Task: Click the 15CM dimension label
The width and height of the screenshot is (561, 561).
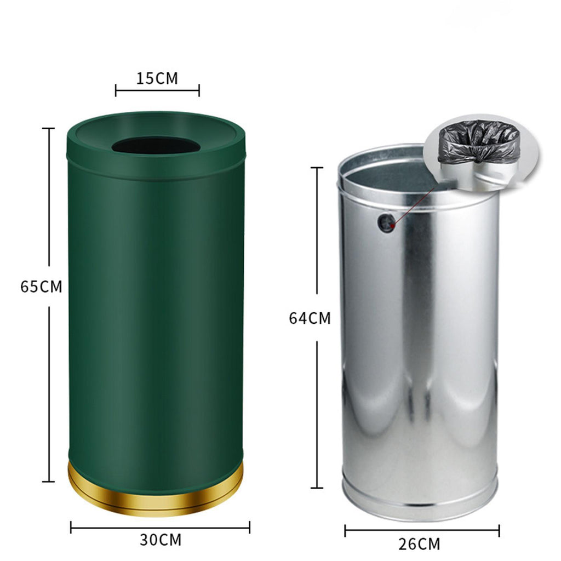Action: click(x=157, y=78)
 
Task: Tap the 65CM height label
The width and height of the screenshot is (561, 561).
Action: click(x=41, y=287)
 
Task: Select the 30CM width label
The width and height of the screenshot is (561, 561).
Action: click(x=161, y=540)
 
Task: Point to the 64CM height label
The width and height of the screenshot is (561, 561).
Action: click(x=310, y=318)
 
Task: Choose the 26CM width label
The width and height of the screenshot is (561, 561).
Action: click(x=419, y=544)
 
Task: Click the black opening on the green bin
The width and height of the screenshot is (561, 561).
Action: click(x=156, y=145)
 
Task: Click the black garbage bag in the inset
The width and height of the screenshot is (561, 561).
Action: click(x=479, y=142)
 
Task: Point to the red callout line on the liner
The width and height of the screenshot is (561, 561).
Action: click(x=414, y=207)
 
